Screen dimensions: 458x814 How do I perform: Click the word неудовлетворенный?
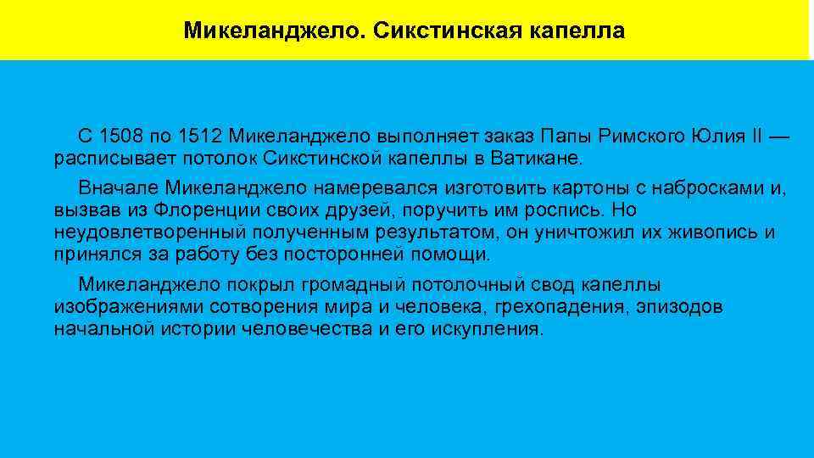click(x=137, y=232)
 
